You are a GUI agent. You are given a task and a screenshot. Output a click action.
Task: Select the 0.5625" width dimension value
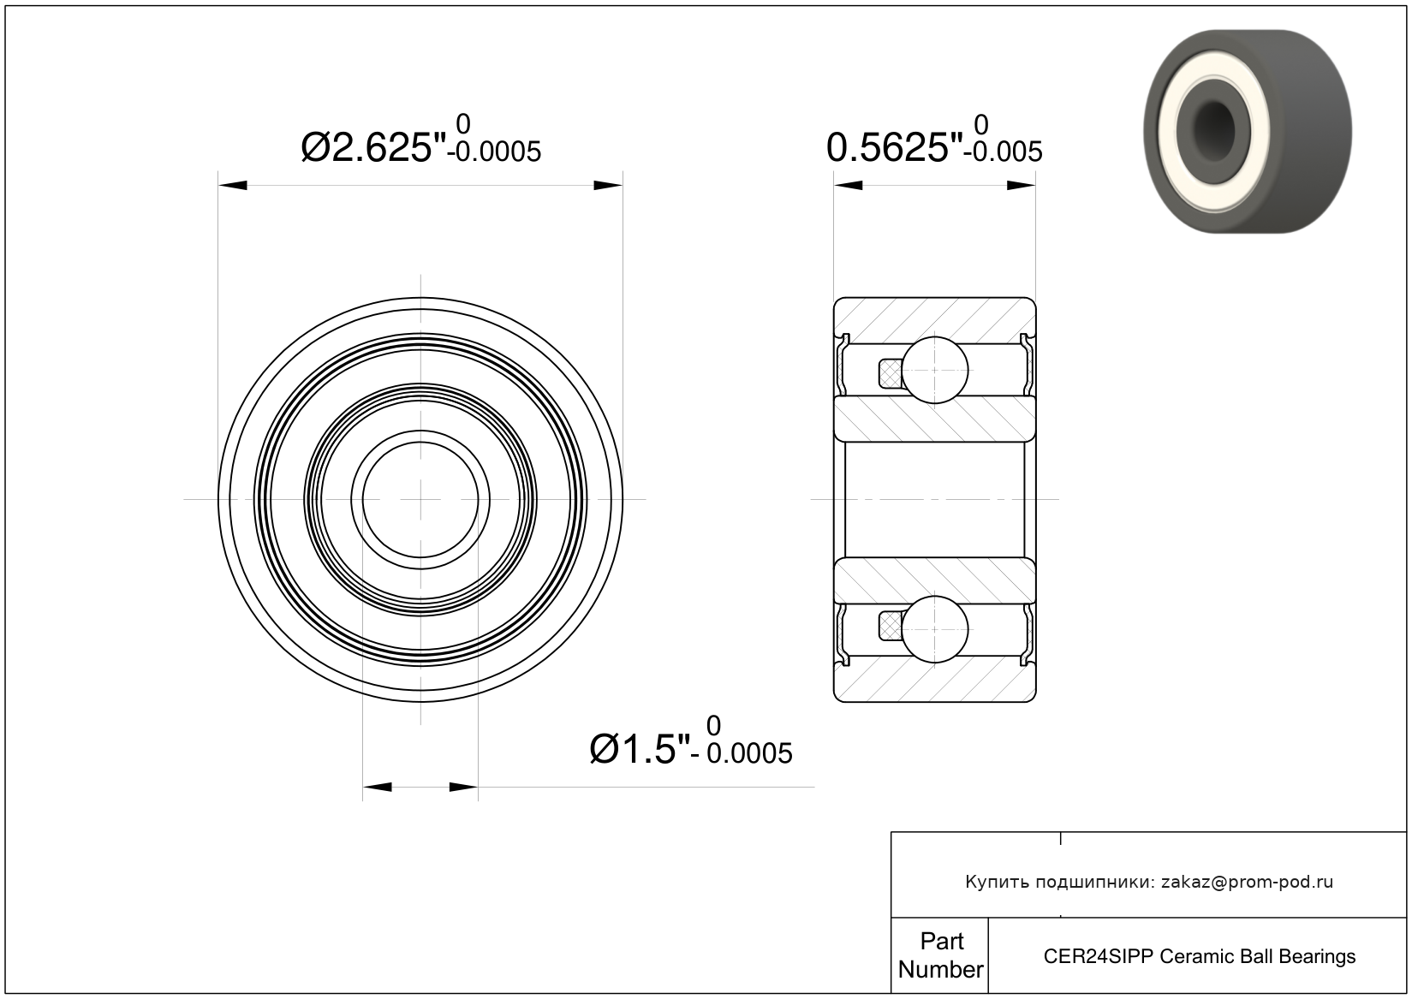(x=895, y=148)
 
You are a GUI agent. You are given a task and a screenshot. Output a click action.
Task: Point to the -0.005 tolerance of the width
(x=1007, y=152)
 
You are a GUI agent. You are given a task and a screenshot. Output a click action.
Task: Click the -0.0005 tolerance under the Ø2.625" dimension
(x=494, y=152)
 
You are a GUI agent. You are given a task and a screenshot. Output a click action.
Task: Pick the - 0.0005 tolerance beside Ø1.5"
(x=742, y=753)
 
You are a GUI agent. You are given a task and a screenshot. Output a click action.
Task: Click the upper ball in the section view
(x=935, y=370)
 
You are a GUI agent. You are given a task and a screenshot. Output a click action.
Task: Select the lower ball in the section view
(x=935, y=629)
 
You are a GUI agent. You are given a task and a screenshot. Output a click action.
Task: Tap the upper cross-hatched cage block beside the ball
(x=890, y=373)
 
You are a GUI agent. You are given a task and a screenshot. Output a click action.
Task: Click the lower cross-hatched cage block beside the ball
(x=890, y=627)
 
